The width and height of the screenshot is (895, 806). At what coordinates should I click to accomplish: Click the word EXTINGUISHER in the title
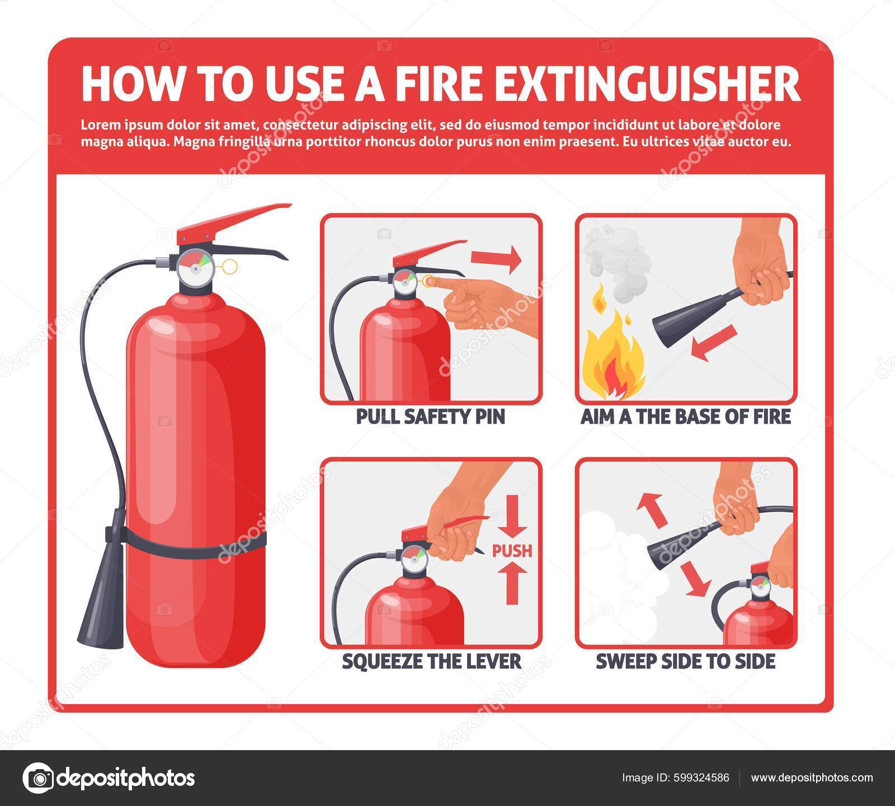click(x=648, y=84)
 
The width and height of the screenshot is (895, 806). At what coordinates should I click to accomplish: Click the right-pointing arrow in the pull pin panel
click(x=496, y=259)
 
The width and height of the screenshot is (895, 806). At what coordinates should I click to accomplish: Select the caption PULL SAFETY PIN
click(x=430, y=416)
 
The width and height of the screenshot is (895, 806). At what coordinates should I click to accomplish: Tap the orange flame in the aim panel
click(x=613, y=358)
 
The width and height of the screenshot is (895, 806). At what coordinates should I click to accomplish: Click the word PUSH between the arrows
click(x=512, y=551)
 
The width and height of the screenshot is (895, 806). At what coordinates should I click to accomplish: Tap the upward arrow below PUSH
click(x=512, y=584)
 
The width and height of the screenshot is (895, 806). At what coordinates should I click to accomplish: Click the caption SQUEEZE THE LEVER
click(x=431, y=662)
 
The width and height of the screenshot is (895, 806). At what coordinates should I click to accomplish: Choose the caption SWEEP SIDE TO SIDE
click(x=685, y=662)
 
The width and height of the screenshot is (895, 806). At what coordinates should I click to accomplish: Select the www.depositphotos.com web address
click(x=812, y=777)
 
